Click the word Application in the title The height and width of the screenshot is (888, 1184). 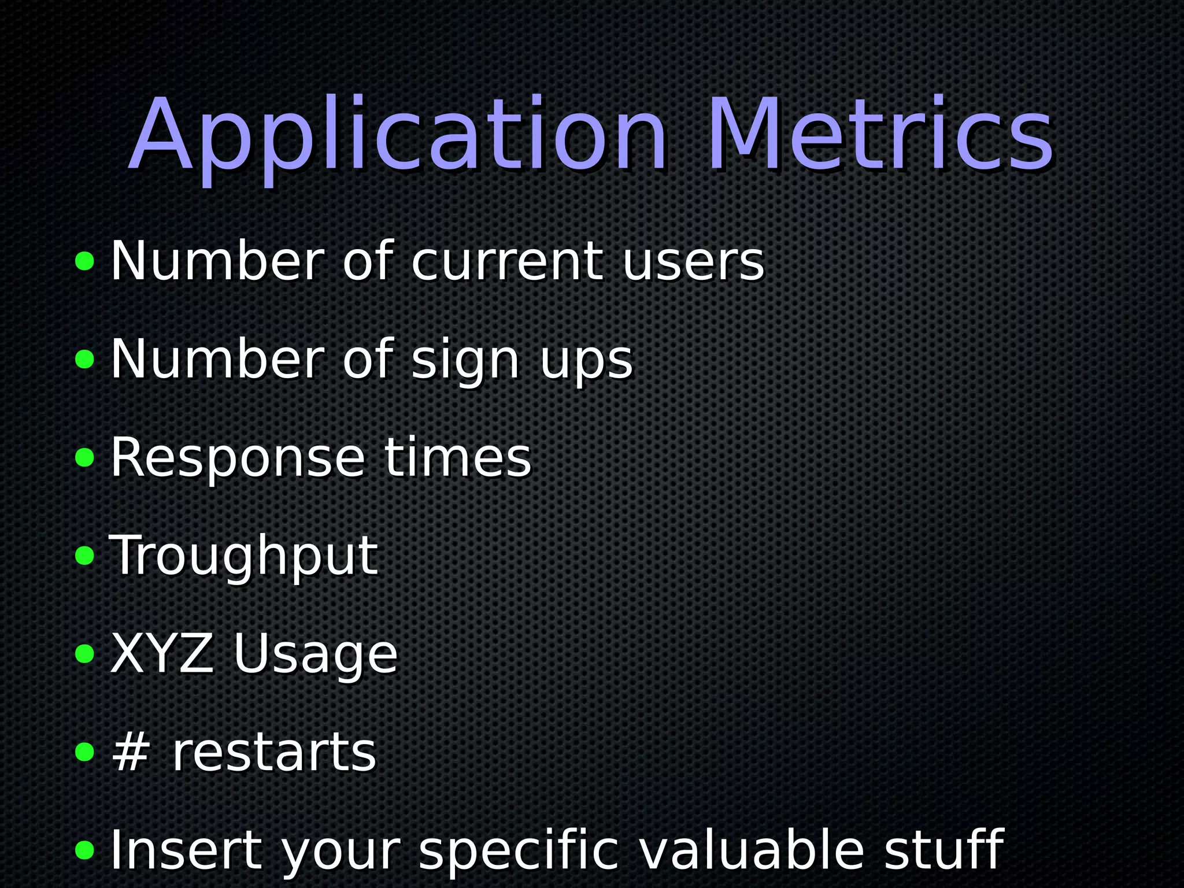point(399,136)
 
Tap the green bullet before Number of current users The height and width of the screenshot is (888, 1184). point(85,261)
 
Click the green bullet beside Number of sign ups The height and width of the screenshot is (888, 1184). point(85,359)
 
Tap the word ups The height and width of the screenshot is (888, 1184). point(587,361)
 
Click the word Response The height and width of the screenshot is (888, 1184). point(238,458)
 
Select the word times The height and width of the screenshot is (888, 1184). point(457,458)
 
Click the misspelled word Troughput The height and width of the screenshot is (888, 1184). point(243,556)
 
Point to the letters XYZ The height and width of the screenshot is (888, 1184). point(161,653)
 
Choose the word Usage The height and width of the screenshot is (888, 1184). point(315,654)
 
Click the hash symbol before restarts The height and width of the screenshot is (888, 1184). point(131,752)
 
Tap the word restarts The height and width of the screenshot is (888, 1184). point(274,753)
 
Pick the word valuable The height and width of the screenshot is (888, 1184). point(752,850)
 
